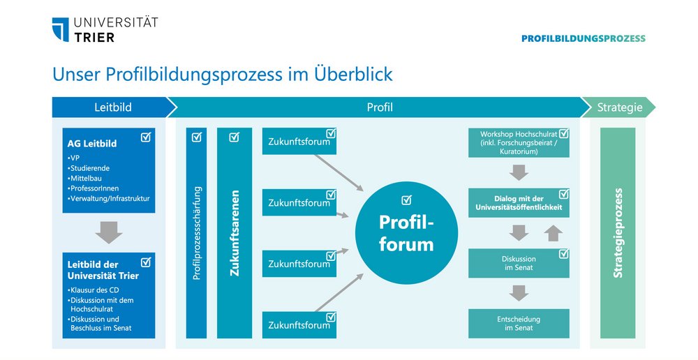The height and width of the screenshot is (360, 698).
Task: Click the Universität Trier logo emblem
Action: point(61,30)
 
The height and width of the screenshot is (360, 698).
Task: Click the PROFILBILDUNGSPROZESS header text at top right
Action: point(583,39)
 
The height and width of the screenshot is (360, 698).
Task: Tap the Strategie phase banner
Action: point(619,107)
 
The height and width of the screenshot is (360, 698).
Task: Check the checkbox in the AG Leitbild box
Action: point(146,137)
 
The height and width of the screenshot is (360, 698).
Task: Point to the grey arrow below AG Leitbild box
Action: point(108,232)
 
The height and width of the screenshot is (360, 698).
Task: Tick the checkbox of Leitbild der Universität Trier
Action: point(146,262)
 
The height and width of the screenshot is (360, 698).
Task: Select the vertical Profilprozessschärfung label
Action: point(197,233)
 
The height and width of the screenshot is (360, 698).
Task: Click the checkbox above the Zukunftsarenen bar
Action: point(234,137)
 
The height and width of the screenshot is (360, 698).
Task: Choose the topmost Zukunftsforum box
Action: point(299,142)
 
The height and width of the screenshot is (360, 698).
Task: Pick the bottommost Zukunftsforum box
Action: point(299,325)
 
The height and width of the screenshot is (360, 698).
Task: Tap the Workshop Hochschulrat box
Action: point(519,142)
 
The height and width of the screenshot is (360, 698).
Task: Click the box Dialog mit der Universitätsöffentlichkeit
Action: point(519,203)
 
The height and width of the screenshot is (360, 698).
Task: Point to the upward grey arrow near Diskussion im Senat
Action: point(553,233)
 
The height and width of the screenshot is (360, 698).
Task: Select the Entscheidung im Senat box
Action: point(519,324)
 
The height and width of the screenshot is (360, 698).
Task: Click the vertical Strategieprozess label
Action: point(618,233)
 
